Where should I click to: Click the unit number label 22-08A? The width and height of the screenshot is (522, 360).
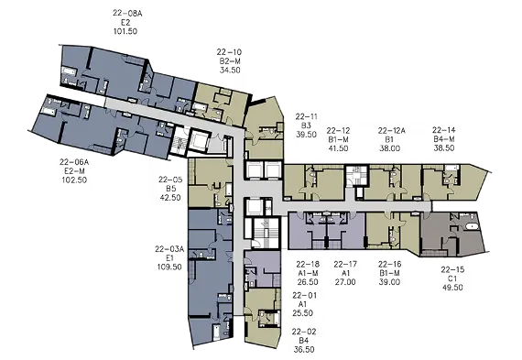coord(127,14)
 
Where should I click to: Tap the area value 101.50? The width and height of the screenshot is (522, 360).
coord(125,31)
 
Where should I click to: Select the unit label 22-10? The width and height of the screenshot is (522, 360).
coord(229,52)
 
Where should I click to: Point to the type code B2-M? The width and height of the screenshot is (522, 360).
coord(230,61)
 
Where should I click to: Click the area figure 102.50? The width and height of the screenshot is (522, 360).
coord(74,180)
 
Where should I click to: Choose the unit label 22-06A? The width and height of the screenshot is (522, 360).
coord(74,162)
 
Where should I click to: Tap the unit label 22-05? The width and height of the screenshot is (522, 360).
coord(170,180)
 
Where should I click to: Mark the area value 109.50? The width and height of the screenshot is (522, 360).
coord(169,267)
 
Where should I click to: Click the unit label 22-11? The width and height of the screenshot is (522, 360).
coord(307,117)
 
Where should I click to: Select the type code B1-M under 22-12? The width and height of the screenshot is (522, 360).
coord(338,139)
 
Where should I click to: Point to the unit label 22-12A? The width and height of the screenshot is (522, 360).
coord(392,131)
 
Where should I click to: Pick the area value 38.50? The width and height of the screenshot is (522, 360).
coord(444,147)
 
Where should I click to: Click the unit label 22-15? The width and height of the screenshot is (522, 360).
coord(452,269)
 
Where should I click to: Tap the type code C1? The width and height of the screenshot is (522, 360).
coord(452,278)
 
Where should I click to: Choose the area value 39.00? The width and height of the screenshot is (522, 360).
coord(389,282)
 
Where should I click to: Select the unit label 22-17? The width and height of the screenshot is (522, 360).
coord(345,265)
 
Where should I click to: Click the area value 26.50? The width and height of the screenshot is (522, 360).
coord(308,282)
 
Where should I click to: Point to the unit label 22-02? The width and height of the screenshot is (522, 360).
coord(304,332)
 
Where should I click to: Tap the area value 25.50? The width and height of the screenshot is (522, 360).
coord(303,313)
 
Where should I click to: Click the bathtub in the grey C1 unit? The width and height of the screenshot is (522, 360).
coord(472,227)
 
